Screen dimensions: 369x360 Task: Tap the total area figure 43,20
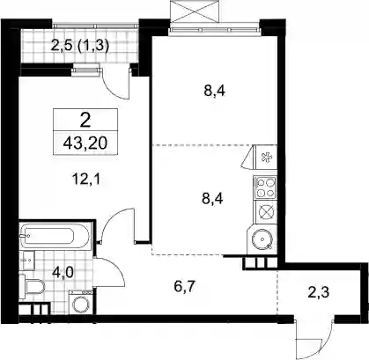click(x=85, y=143)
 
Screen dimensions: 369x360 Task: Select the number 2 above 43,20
click(x=85, y=121)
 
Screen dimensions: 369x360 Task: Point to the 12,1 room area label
click(x=86, y=179)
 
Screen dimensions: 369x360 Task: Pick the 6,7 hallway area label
click(x=184, y=286)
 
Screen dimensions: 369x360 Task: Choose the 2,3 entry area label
click(x=319, y=292)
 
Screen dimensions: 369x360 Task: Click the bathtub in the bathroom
click(x=55, y=235)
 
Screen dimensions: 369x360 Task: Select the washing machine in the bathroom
click(x=81, y=302)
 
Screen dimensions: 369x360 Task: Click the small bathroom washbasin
click(x=27, y=261)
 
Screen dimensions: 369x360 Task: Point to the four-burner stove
click(x=265, y=187)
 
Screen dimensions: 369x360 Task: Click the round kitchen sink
click(x=262, y=239)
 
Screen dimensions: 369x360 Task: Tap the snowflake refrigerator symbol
click(x=267, y=158)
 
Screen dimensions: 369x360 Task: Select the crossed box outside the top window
click(x=195, y=11)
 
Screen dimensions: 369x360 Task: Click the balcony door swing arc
click(x=112, y=90)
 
